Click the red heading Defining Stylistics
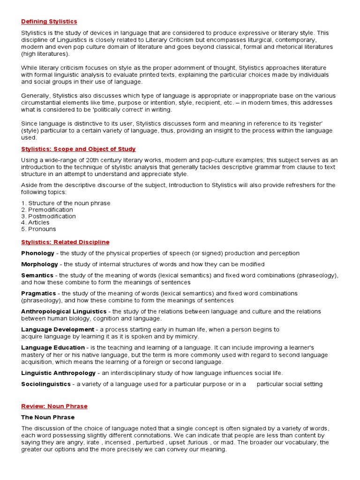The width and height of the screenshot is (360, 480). tap(49, 22)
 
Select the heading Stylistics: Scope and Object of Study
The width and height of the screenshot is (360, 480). tap(78, 149)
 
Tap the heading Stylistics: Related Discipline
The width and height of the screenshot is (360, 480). tap(65, 242)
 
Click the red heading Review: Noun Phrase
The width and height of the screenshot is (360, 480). tap(54, 406)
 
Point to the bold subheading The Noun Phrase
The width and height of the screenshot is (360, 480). tap(48, 417)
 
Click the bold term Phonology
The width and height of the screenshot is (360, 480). tap(37, 253)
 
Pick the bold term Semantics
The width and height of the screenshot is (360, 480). tap(37, 276)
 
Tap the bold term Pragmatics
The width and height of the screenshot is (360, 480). tap(38, 293)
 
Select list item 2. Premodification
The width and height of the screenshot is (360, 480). tap(47, 210)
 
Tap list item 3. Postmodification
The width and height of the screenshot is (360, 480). tap(48, 216)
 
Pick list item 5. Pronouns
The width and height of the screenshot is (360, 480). tap(38, 229)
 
